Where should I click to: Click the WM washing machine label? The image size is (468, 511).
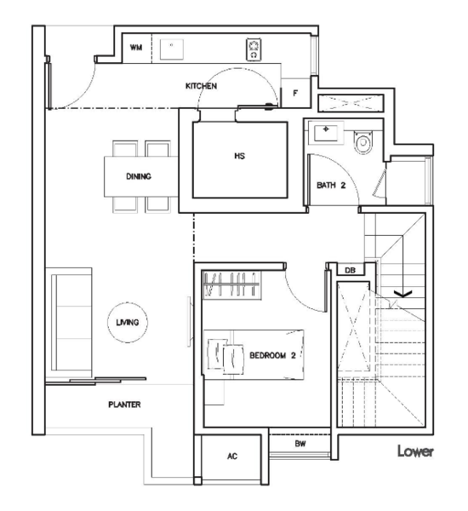[x=136, y=48]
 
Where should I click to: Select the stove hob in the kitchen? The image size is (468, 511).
[x=254, y=49]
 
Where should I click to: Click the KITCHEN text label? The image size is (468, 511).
[x=202, y=86]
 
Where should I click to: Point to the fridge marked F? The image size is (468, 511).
[x=295, y=93]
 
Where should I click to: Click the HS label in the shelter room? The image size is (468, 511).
[x=239, y=156]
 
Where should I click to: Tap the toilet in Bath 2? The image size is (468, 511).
[x=363, y=142]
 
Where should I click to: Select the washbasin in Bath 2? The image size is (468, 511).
[x=326, y=132]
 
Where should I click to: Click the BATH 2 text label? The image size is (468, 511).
[x=331, y=186]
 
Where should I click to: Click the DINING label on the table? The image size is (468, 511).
[x=139, y=176]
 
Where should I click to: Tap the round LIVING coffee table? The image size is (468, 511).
[x=128, y=322]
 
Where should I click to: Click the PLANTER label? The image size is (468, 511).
[x=124, y=405]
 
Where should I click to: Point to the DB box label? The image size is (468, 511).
[x=350, y=270]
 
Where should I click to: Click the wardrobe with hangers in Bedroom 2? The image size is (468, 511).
[x=231, y=284]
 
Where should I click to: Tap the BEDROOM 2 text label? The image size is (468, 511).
[x=272, y=355]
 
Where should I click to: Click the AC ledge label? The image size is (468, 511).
[x=232, y=456]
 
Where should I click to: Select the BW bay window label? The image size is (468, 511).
[x=300, y=444]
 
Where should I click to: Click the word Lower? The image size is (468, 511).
[x=415, y=451]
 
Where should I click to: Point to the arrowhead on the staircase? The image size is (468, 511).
[x=403, y=294]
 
